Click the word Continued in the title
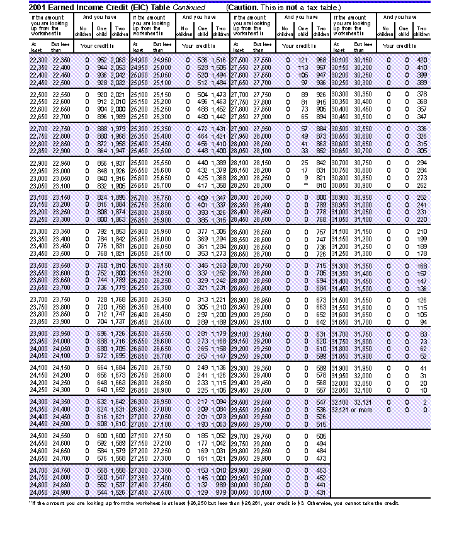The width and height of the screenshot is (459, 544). pos(191,6)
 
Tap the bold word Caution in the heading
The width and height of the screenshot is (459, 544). pos(242,6)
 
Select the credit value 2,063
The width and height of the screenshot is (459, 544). pos(118,59)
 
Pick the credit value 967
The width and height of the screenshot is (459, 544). pos(321,59)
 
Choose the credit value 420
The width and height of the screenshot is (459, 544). pos(422,59)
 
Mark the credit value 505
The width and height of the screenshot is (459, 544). pos(321,436)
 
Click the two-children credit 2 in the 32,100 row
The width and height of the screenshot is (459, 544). pos(424,402)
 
